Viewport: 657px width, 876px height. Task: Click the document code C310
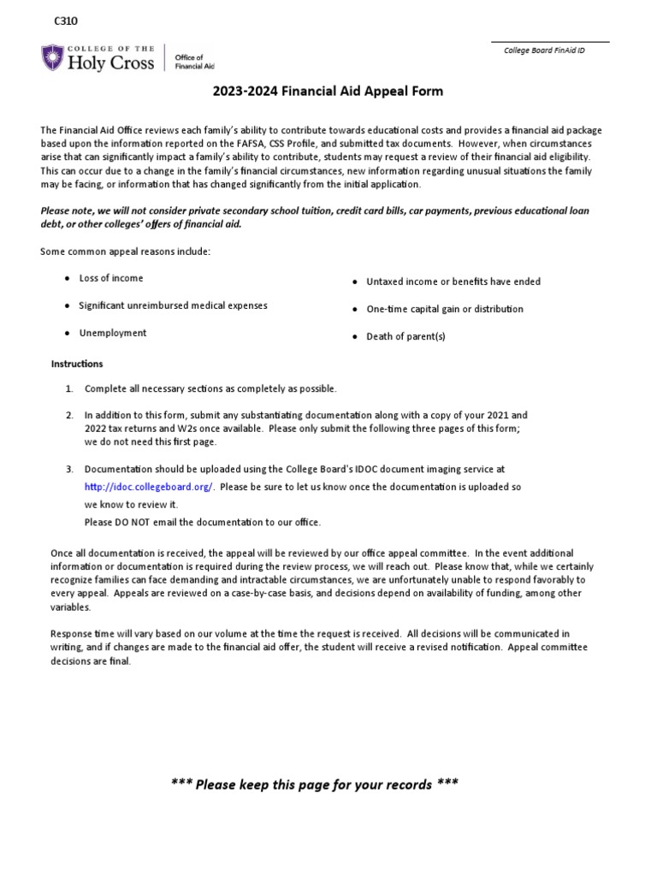coord(65,21)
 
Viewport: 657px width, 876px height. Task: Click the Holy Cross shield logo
coord(52,58)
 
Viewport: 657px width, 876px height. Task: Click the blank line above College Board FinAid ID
coord(549,41)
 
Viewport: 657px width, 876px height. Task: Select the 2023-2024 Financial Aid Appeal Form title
coord(328,92)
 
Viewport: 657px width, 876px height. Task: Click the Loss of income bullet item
coord(111,278)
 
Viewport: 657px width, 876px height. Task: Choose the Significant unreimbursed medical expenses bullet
coord(173,305)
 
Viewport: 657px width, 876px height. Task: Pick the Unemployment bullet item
coord(112,333)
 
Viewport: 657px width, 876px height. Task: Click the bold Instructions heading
coord(77,364)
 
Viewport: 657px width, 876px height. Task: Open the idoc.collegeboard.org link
coord(150,487)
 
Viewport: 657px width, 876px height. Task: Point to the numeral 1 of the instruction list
coord(68,388)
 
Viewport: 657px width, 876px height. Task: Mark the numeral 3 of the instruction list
coord(68,470)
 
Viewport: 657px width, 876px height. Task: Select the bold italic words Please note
coord(68,210)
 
